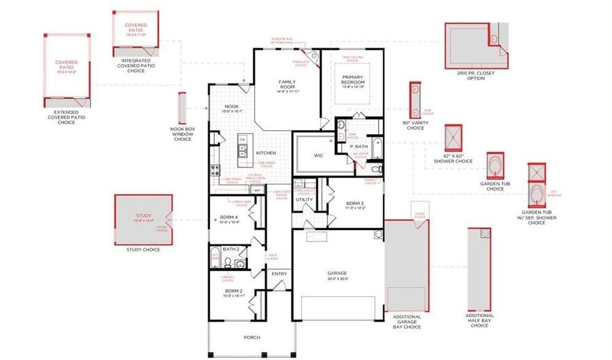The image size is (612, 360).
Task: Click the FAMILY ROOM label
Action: [286, 84]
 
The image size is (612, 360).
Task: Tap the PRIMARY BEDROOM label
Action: [354, 80]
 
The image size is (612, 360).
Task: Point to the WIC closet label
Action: [318, 155]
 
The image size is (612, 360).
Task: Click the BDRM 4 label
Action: [228, 218]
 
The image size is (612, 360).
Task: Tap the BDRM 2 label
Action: [234, 291]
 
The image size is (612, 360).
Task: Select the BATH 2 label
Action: [231, 250]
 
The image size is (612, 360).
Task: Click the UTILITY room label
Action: [303, 199]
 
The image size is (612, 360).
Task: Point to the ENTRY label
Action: [279, 274]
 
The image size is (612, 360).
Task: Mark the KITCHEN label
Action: [265, 153]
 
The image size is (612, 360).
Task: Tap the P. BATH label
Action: [359, 146]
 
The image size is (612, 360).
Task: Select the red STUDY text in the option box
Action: [143, 216]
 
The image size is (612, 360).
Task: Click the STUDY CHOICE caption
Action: [143, 250]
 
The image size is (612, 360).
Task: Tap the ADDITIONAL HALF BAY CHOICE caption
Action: [479, 320]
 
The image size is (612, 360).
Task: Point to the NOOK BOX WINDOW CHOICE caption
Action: [182, 133]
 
